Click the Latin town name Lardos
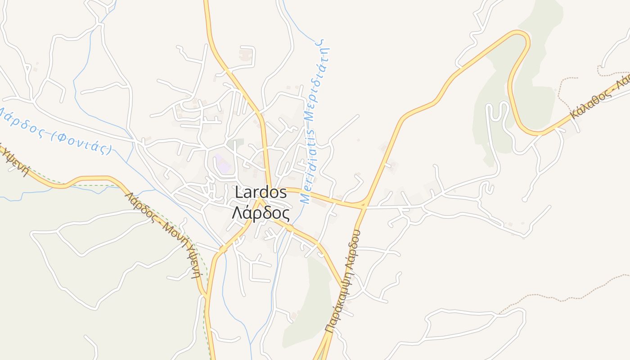[x=261, y=192]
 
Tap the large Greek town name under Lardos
[x=261, y=212]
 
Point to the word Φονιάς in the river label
[x=81, y=142]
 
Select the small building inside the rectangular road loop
[x=245, y=56]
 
